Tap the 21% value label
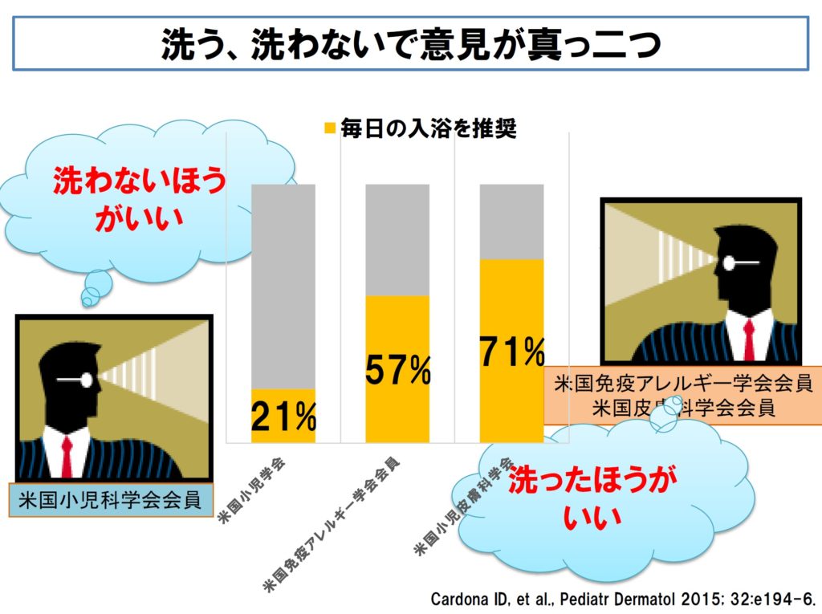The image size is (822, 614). (x=283, y=417)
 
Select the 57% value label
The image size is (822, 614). (x=398, y=369)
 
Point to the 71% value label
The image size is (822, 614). (x=512, y=352)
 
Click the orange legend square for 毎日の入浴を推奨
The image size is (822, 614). (x=329, y=128)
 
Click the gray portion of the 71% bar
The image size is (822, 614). (x=511, y=221)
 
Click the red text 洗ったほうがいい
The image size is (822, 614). (x=592, y=498)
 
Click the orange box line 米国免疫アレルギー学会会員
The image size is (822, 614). (x=683, y=384)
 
